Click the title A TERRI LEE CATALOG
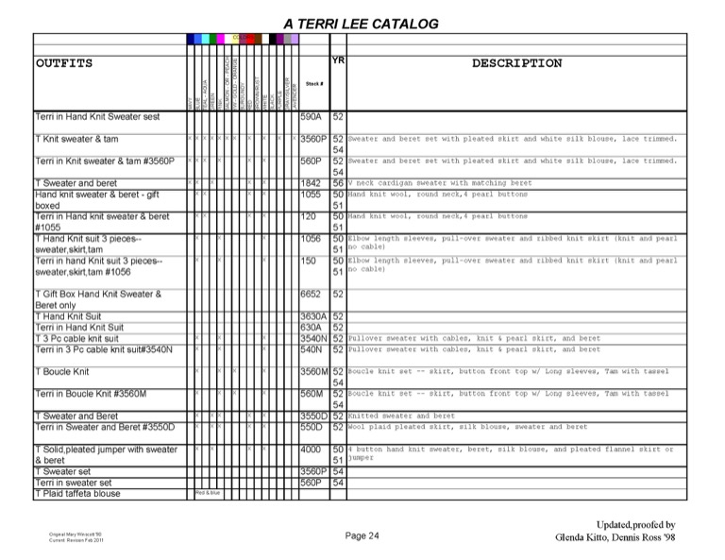click(x=361, y=24)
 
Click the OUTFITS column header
click(x=64, y=63)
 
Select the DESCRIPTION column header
click(x=516, y=63)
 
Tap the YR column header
click(x=338, y=59)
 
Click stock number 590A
click(x=311, y=117)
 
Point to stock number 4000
click(x=312, y=450)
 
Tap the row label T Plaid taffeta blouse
click(x=77, y=493)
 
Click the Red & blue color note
click(x=208, y=493)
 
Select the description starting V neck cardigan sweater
click(x=440, y=183)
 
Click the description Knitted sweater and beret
click(x=401, y=416)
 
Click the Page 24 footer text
click(x=362, y=536)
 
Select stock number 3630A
click(x=312, y=316)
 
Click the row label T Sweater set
click(x=62, y=471)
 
